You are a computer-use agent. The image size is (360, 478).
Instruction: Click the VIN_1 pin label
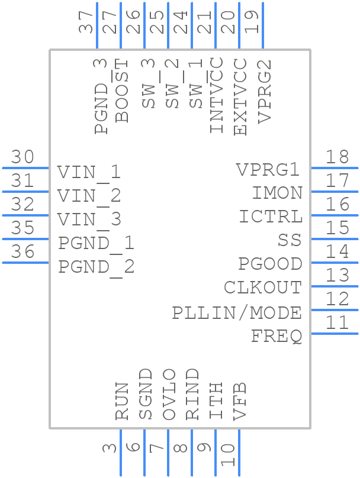(x=89, y=172)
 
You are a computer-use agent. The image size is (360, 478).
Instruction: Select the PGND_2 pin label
(x=96, y=267)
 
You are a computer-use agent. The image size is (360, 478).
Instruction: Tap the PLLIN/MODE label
(x=237, y=312)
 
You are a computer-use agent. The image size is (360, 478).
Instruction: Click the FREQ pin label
(x=277, y=336)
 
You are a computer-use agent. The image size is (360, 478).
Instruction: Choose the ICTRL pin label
(x=271, y=217)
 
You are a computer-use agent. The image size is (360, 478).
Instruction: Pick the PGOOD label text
(x=270, y=264)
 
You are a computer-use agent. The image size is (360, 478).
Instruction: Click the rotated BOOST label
(x=122, y=91)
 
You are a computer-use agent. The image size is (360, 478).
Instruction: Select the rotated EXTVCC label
(x=240, y=96)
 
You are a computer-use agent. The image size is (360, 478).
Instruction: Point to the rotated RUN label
(x=122, y=401)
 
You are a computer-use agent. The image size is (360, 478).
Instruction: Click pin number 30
(x=22, y=157)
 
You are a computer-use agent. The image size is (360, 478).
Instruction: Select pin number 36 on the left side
(x=22, y=252)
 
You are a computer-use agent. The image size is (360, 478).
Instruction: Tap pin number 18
(x=337, y=157)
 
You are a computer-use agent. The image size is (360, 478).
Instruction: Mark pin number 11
(x=337, y=323)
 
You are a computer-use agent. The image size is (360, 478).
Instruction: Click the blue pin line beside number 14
(x=335, y=262)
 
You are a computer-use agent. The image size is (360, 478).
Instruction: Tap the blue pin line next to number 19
(x=262, y=27)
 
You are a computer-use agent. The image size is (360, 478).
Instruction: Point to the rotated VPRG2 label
(x=265, y=91)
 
